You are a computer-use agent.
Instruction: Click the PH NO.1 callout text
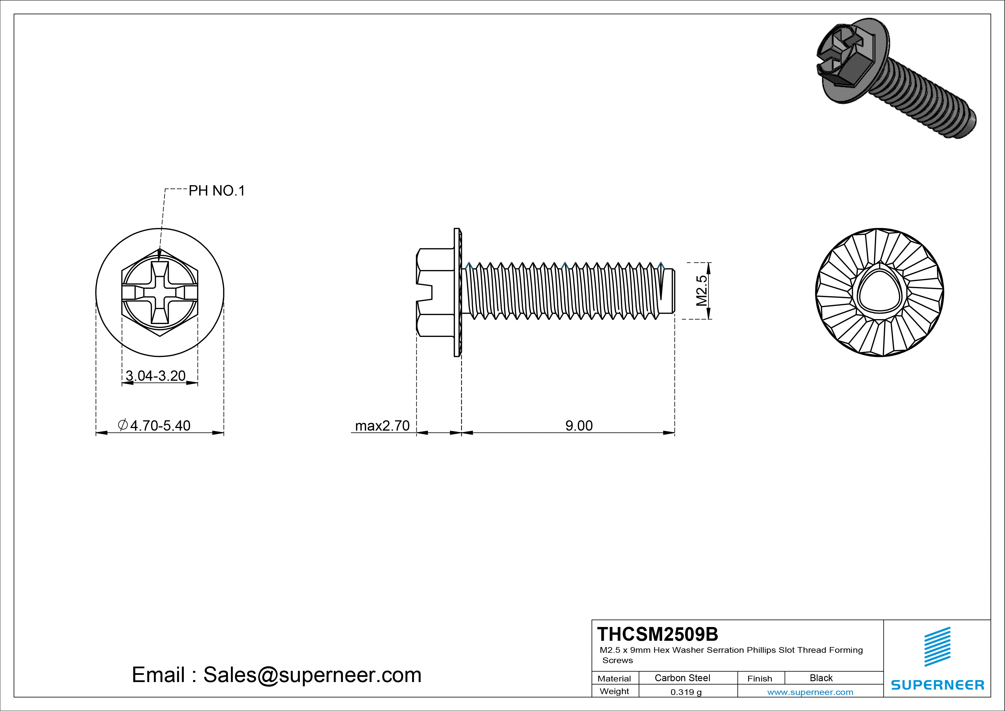click(216, 191)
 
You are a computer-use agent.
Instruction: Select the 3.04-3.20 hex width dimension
click(155, 376)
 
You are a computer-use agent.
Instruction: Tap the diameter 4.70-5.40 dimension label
click(154, 425)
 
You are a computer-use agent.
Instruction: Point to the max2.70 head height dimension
click(382, 425)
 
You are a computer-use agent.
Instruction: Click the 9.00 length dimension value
click(579, 425)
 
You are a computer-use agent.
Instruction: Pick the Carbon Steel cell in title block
click(682, 678)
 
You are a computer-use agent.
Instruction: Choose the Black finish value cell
click(821, 678)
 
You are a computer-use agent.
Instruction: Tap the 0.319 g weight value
click(685, 692)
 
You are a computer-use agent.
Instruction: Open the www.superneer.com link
click(810, 692)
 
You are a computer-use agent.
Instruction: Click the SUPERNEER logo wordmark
click(937, 685)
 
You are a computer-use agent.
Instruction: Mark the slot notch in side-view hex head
click(425, 292)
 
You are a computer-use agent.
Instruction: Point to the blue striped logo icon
click(937, 647)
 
